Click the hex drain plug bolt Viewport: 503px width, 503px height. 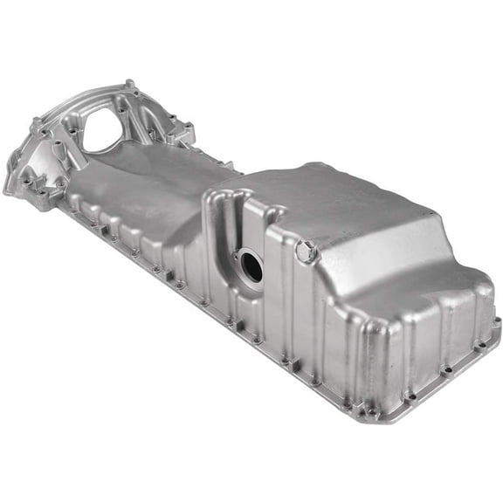click(305, 251)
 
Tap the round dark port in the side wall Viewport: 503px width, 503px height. click(251, 266)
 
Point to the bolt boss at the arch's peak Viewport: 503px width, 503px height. click(131, 86)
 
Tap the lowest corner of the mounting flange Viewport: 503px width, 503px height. click(376, 410)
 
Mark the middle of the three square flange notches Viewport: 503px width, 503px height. click(166, 275)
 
